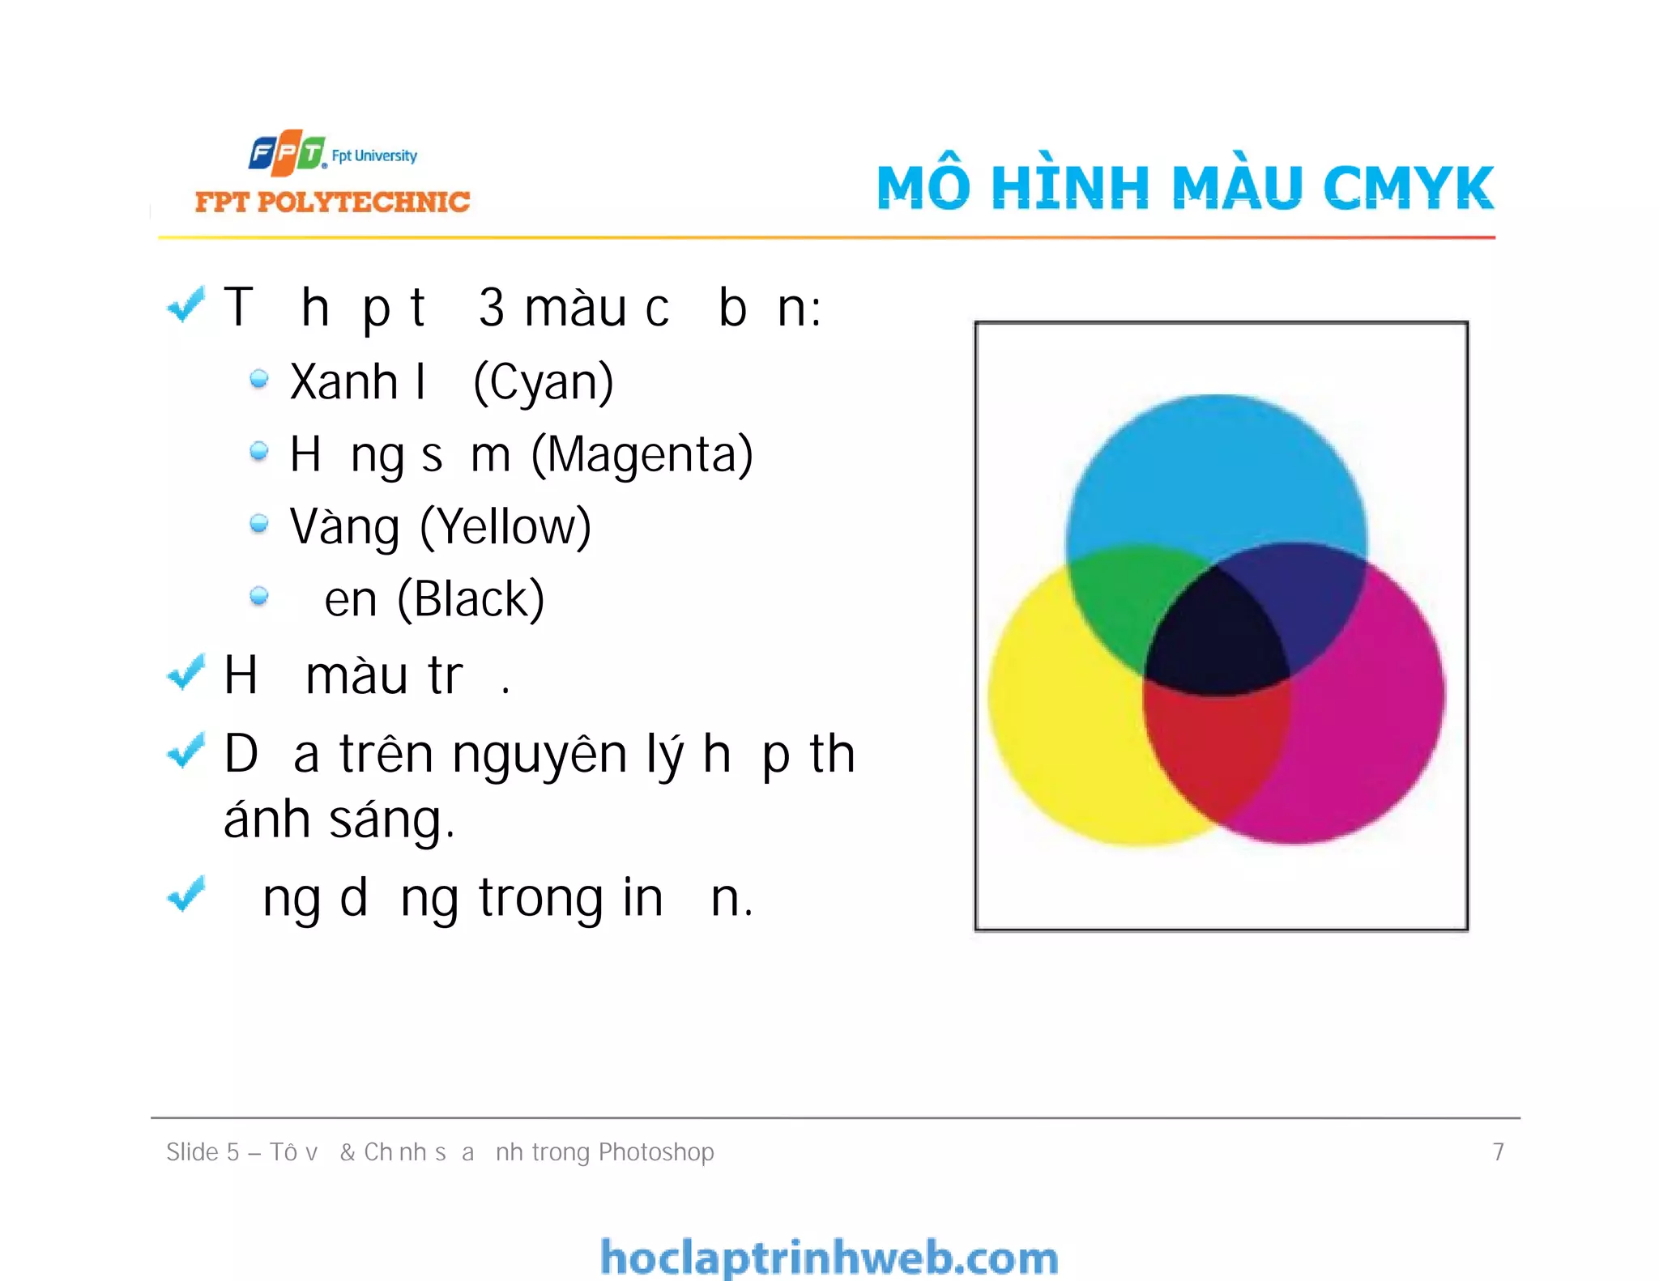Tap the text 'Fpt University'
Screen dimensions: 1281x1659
pos(374,155)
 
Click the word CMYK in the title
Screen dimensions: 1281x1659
pos(1408,188)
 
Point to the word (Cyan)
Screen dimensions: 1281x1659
pos(543,382)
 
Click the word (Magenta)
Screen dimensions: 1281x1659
pos(642,454)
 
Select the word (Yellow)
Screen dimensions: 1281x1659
pos(505,527)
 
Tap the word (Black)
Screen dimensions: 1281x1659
pos(470,599)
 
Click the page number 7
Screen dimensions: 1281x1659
pos(1498,1151)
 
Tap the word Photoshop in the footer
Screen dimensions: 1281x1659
pos(656,1151)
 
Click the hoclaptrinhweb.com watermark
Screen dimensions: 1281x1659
pos(829,1258)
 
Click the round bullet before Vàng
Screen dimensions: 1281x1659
pos(259,524)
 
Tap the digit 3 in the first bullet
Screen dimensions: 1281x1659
pos(492,308)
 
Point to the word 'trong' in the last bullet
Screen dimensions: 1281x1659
pos(540,898)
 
